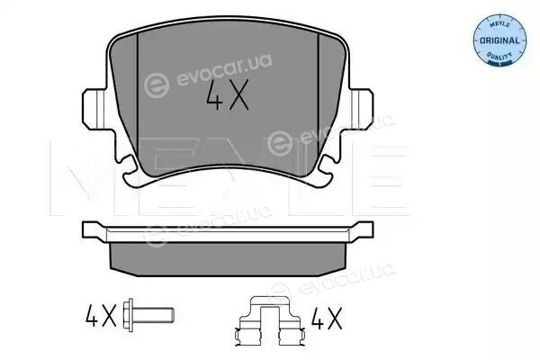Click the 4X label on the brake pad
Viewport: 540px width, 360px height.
click(x=227, y=94)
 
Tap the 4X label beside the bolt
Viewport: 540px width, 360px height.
click(x=101, y=315)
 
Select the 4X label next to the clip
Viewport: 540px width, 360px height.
click(x=327, y=318)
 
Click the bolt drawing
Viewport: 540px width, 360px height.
click(x=148, y=315)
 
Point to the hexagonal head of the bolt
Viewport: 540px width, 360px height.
click(x=129, y=315)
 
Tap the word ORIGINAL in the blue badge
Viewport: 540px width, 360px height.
click(x=499, y=40)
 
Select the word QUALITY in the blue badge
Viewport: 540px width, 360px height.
click(x=499, y=56)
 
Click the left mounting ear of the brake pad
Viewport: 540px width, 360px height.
click(x=94, y=109)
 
